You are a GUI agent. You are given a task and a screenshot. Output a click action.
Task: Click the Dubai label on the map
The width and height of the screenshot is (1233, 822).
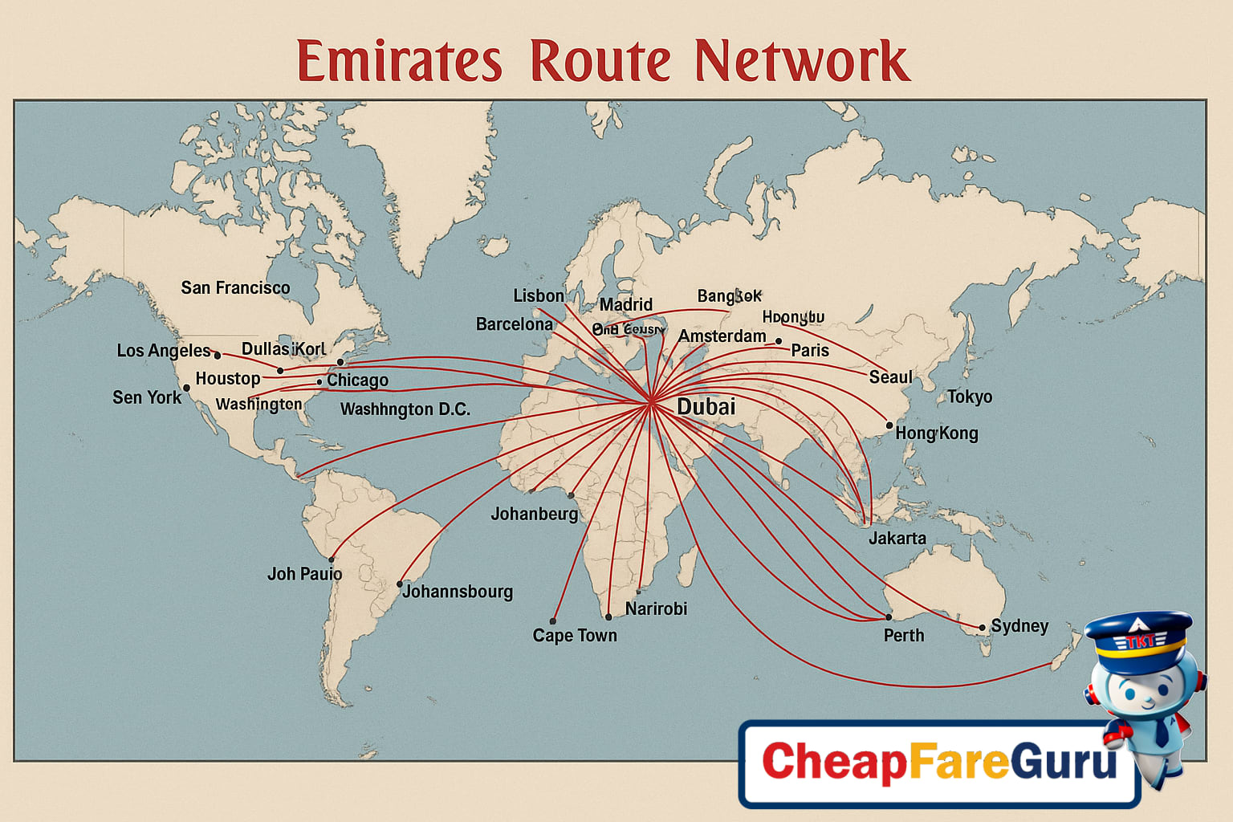coord(706,407)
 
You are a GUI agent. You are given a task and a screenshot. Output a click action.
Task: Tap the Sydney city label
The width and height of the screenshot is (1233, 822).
coord(1019,626)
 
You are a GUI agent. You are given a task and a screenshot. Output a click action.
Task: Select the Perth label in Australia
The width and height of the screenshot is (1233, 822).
coord(904,636)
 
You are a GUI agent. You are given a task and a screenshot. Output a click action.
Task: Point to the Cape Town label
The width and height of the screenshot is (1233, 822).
coord(575,636)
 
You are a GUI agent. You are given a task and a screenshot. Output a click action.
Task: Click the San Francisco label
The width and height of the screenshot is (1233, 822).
coord(235,288)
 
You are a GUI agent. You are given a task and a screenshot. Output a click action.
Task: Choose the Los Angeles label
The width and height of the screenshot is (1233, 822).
coord(164,351)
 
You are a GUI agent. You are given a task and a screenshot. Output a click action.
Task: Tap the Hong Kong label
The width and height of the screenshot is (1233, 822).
coord(937,433)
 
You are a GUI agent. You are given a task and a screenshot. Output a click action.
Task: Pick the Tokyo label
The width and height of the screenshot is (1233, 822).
coord(970,397)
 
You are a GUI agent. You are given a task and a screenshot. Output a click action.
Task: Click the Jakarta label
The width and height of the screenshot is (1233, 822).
coord(897,539)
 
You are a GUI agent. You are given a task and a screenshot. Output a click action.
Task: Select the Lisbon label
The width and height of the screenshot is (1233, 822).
coord(539,296)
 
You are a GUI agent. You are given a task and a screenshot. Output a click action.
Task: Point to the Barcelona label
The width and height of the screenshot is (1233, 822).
coord(515,324)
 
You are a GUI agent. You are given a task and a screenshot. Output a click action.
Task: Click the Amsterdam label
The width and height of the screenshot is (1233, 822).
coord(722,336)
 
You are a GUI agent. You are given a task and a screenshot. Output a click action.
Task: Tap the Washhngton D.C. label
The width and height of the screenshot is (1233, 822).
coord(405,409)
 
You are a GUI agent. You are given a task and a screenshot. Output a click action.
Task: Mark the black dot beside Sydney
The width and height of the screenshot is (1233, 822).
coord(982,628)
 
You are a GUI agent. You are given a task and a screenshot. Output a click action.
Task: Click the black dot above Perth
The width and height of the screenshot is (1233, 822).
coord(888,616)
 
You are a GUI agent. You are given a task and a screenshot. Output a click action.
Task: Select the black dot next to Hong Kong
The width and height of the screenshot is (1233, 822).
coord(889,425)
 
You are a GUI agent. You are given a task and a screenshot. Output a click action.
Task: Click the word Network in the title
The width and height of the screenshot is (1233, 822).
coord(802,61)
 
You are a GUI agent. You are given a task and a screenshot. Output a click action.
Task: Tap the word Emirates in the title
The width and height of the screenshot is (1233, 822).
coord(399,61)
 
